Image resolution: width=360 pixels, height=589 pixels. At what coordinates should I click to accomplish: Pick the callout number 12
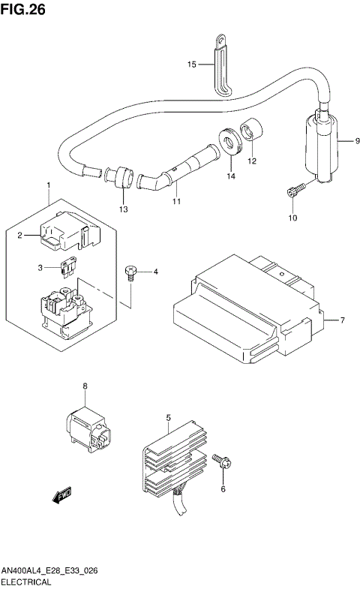click(x=252, y=160)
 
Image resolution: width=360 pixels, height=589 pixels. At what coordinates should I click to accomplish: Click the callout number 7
click(x=342, y=321)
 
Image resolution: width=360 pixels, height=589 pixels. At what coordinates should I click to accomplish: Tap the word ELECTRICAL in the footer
click(x=26, y=581)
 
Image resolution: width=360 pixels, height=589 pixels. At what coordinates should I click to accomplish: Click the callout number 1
click(x=48, y=185)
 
